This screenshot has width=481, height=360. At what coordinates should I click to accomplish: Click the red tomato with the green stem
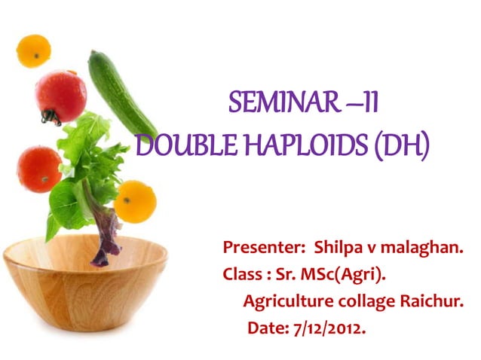pos(60,96)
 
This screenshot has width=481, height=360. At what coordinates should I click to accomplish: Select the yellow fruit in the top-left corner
pos(33,50)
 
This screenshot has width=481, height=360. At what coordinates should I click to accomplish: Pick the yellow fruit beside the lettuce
pos(135,201)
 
